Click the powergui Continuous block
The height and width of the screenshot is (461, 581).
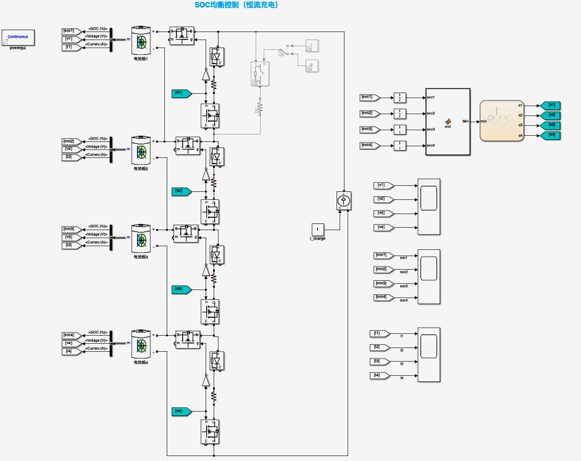[x=17, y=37]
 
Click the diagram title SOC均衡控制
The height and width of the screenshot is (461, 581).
[x=237, y=5]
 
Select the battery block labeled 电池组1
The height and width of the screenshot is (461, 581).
[x=141, y=41]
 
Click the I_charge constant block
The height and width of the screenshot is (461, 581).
[x=318, y=230]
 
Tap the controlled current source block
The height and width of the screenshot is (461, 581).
[x=343, y=200]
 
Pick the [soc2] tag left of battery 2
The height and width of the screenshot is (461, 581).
[x=69, y=141]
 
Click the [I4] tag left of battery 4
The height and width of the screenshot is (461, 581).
[x=69, y=351]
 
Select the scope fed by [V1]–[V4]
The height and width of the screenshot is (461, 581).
[x=428, y=206]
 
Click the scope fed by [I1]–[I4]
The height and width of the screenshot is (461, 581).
[x=428, y=355]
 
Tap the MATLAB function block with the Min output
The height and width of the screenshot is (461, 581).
[x=448, y=122]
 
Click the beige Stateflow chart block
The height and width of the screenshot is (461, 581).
[x=501, y=120]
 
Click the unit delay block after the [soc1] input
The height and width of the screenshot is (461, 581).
[x=400, y=98]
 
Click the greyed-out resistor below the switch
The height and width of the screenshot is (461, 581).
[x=260, y=108]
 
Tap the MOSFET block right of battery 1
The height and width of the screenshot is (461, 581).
[x=182, y=35]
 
